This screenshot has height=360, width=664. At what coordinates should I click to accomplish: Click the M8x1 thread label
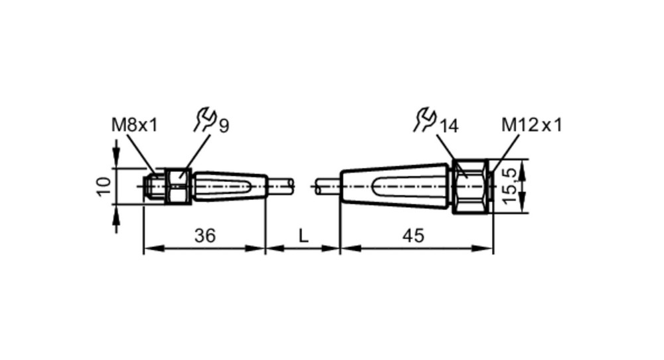coord(134,125)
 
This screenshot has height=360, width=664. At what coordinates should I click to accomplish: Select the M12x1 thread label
coord(532,125)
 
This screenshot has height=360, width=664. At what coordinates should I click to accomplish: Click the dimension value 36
coord(205,236)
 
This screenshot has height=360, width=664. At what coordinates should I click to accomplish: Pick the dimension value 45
coord(413,236)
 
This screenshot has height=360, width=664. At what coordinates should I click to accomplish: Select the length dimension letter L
coord(303,236)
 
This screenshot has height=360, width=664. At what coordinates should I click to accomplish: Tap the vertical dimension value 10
coord(104,187)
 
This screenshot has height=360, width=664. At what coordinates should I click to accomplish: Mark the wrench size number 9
coord(224,126)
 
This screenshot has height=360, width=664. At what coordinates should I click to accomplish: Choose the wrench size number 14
coord(449,126)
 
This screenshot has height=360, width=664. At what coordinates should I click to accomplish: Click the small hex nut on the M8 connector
coord(178,187)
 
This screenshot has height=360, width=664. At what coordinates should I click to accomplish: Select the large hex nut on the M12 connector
coord(471,187)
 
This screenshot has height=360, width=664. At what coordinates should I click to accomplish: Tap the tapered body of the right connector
coord(396,187)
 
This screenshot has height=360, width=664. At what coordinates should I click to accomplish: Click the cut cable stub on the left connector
coord(281,187)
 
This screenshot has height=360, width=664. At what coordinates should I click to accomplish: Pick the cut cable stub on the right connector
coord(327,187)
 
